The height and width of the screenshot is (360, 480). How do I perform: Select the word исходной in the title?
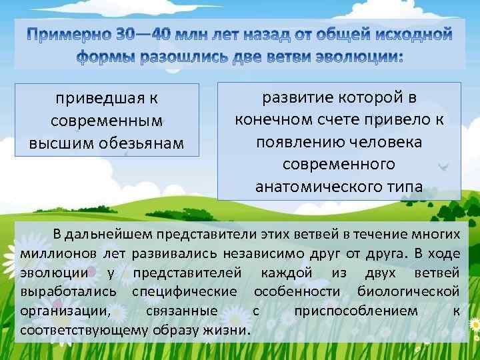click(x=413, y=34)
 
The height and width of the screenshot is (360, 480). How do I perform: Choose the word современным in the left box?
click(x=107, y=122)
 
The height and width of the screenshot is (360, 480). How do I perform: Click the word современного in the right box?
click(x=339, y=164)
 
